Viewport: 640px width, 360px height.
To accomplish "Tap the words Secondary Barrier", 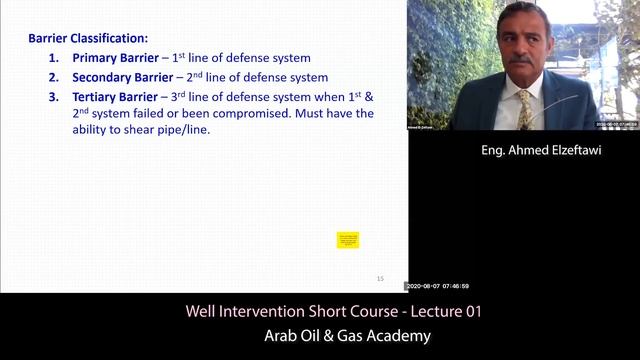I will coord(122,77).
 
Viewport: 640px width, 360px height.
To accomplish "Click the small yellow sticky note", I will coord(348,240).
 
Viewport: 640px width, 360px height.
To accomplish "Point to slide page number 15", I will coord(380,278).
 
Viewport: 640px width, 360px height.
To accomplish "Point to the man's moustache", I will coord(520,60).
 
